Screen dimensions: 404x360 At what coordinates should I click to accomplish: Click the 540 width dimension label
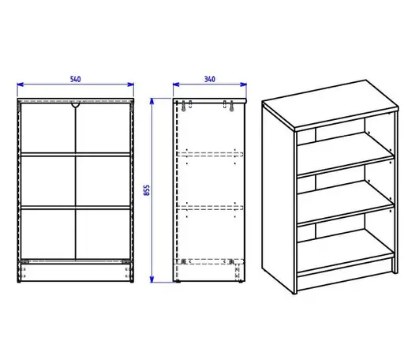(76, 79)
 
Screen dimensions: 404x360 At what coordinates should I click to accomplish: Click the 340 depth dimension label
(210, 79)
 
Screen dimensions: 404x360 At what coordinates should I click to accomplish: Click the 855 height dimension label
(147, 190)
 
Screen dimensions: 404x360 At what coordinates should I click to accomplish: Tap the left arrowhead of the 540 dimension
(21, 84)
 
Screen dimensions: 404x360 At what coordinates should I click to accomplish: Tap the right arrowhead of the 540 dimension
(131, 84)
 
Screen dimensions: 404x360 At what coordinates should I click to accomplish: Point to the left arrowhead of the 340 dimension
(176, 84)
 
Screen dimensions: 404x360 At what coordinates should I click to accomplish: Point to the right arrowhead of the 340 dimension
(244, 84)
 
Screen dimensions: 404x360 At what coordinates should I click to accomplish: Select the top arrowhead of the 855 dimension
(151, 101)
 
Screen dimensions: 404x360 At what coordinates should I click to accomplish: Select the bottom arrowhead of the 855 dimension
(151, 279)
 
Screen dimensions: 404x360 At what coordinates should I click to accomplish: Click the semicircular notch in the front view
(76, 105)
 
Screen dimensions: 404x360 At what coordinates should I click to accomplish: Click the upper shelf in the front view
(76, 155)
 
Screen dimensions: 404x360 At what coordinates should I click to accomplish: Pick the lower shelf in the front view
(76, 208)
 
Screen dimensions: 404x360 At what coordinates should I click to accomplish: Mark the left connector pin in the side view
(184, 106)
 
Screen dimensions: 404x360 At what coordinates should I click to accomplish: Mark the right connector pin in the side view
(231, 106)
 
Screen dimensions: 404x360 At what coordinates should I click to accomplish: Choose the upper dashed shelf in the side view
(210, 155)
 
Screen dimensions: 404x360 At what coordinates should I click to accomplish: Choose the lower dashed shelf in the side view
(210, 208)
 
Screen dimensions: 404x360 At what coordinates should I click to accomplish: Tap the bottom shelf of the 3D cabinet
(345, 251)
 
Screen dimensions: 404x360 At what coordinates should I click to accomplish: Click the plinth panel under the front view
(76, 272)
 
